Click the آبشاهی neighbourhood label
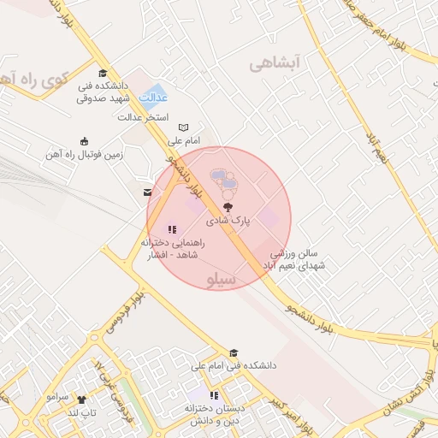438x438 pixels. point(278,63)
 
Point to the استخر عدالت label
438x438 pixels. point(145,116)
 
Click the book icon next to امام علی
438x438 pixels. point(183,127)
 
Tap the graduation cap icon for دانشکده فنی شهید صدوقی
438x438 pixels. point(103,74)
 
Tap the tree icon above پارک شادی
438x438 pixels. point(228,207)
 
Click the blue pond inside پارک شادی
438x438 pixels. point(224,178)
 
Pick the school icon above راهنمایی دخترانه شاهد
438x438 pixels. point(172,229)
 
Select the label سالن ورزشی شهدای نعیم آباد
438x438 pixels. point(299,259)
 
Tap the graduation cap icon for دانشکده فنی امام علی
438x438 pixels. point(234,353)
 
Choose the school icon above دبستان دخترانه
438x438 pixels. point(214,396)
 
